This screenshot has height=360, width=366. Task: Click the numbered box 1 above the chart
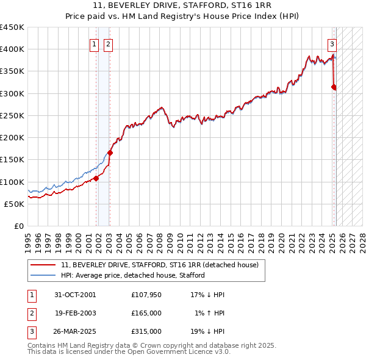point(95,44)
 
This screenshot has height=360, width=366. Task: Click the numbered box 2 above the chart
point(107,44)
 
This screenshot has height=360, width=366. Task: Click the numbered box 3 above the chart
point(332,44)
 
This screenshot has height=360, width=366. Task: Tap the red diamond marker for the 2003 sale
point(110,153)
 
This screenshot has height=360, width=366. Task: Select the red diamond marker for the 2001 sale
point(96,178)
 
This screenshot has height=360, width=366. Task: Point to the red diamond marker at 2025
point(334,87)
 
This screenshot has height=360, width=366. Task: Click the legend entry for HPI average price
point(132,275)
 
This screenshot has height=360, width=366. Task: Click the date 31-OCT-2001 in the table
point(75,295)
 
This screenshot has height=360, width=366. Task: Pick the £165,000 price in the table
point(146,313)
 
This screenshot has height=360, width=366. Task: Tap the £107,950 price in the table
point(146,295)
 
